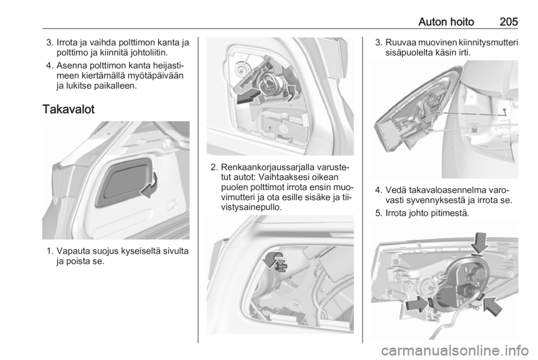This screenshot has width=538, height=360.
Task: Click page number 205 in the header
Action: pos(508,22)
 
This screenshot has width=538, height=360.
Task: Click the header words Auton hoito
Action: pos(446,22)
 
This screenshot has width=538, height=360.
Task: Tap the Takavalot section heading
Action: pos(68,109)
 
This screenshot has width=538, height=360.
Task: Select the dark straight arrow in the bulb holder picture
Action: pos(248,95)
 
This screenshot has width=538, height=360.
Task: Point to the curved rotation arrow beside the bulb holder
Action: pos(290,93)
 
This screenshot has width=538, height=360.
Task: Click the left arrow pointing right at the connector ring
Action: pos(416,304)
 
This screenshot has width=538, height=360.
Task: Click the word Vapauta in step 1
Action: pos(73,251)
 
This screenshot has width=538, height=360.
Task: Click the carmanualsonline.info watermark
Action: pos(455,351)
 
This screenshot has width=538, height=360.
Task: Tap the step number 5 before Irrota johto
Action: pos(378,213)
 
